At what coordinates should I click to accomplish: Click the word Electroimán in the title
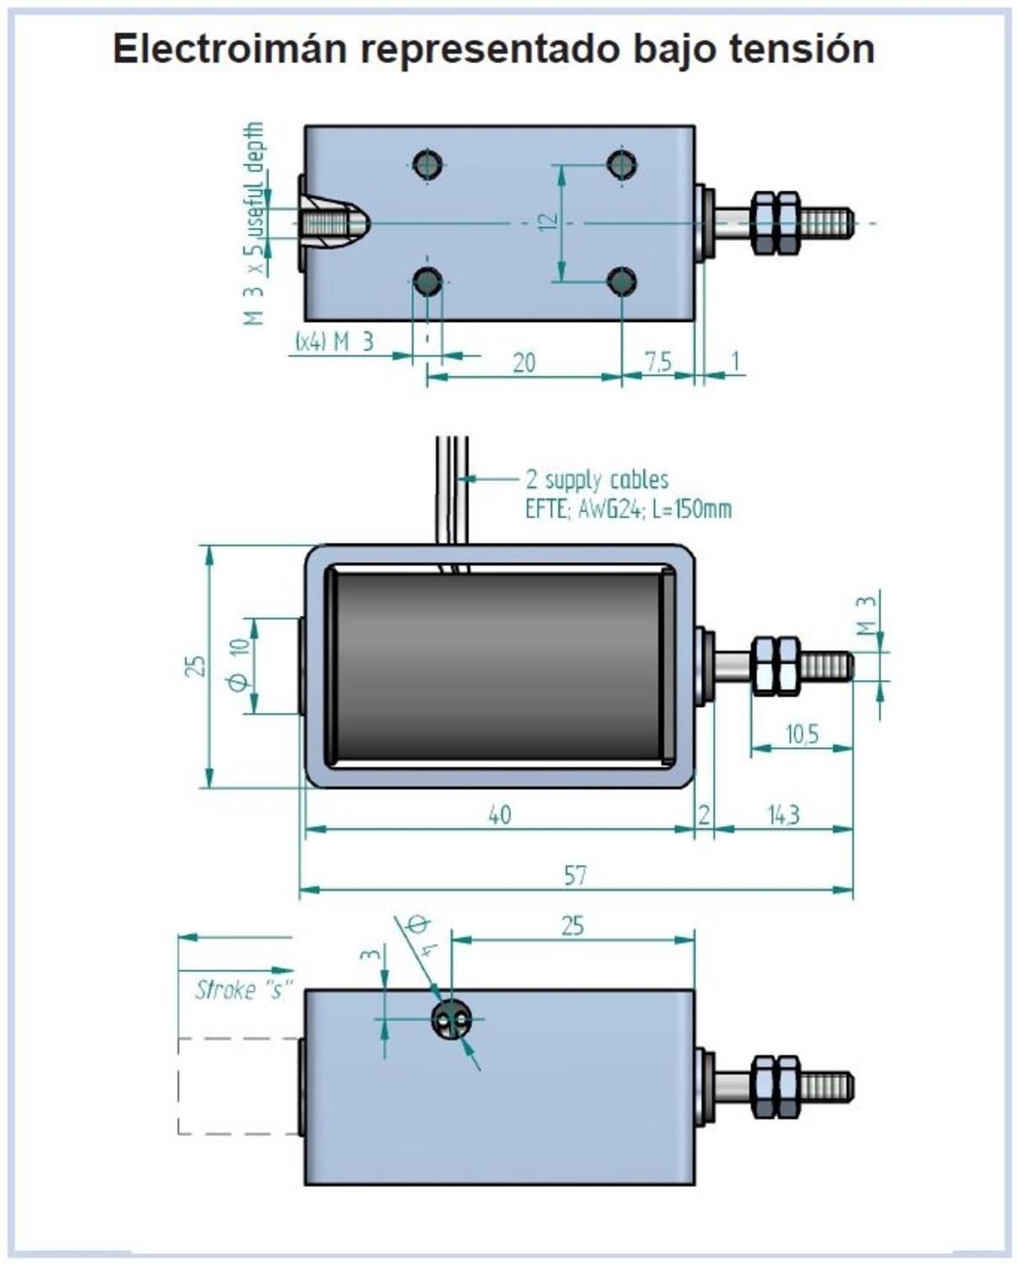230,49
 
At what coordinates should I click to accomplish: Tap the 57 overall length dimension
575,876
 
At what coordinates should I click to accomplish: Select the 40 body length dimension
499,815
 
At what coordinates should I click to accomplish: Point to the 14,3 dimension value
783,815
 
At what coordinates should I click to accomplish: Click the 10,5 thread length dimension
801,734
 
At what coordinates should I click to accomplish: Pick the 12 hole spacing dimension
548,222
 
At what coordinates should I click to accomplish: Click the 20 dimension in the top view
523,362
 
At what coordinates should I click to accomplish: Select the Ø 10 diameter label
239,665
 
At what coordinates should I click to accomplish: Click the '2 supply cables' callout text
597,479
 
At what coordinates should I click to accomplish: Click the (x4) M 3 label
334,342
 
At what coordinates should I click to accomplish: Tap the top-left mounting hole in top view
428,164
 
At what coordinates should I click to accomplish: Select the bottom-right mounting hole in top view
622,281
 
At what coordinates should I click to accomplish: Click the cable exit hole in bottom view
450,1020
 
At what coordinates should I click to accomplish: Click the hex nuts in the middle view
775,666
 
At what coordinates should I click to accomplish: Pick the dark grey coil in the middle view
497,666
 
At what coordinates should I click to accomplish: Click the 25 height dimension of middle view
196,666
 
